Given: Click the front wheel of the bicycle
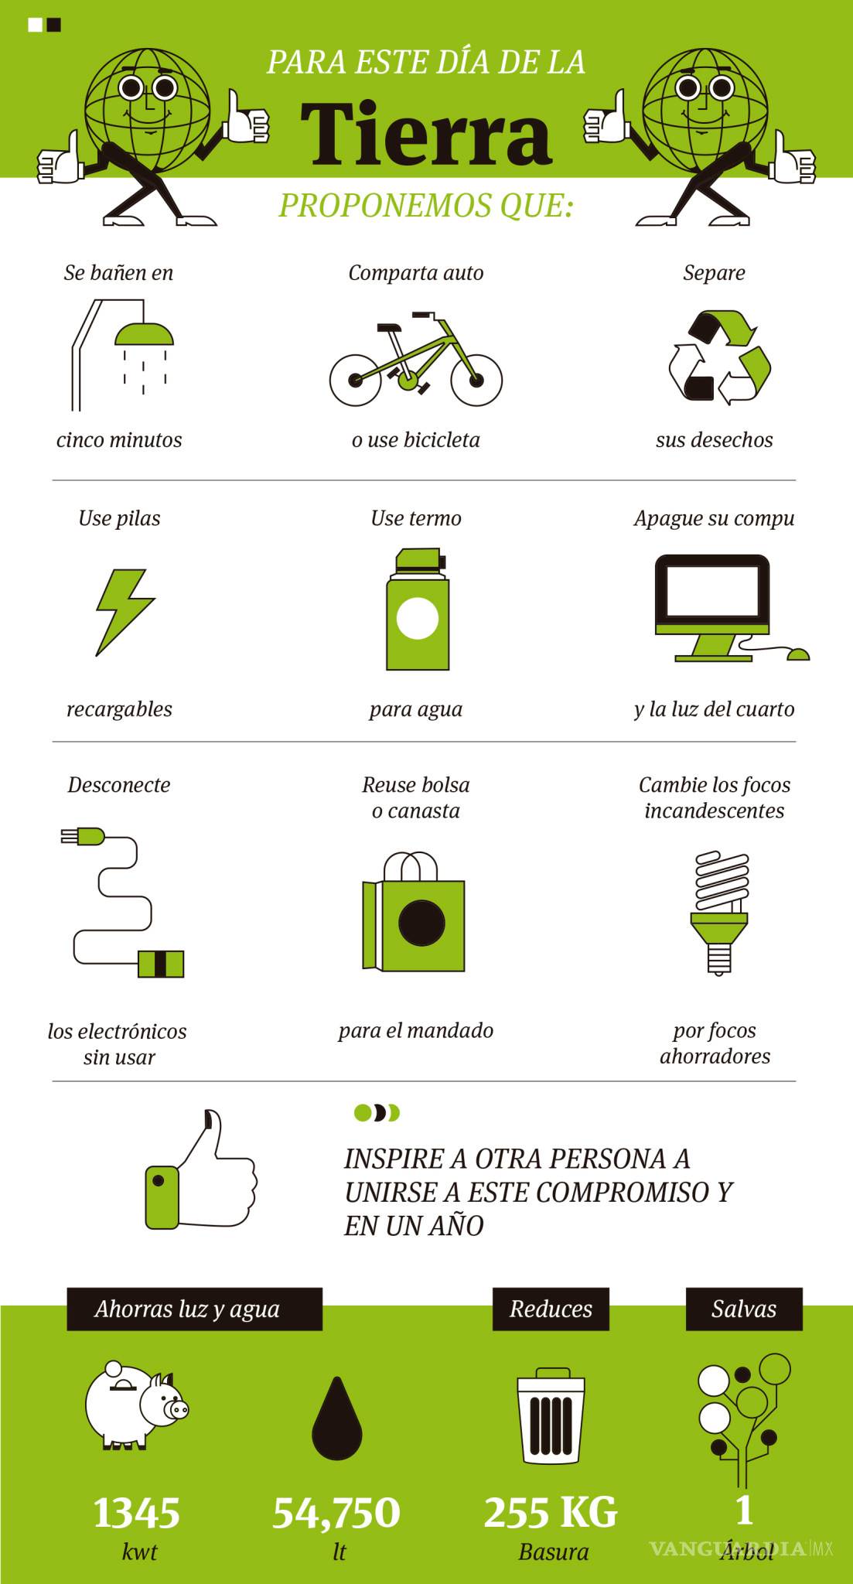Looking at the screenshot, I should pos(476,380).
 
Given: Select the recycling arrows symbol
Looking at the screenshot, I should pos(719,357).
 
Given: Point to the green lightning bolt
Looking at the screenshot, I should pos(124,612).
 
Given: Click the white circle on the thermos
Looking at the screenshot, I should pos(418,618).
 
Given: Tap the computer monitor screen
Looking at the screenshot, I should pos(712,591).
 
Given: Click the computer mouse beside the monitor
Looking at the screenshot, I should pos(797,654).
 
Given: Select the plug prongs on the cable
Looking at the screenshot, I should pos(70,836).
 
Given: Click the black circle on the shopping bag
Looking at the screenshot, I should pos(421,923).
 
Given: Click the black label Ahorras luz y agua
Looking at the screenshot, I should pos(194,1309).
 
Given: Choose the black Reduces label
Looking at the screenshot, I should pos(551,1309).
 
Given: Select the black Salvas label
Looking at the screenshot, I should pos(744,1309).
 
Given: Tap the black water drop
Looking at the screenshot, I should pos(337,1420).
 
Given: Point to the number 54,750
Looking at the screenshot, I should pos(336,1513).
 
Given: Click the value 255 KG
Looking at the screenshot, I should pos(551,1513).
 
